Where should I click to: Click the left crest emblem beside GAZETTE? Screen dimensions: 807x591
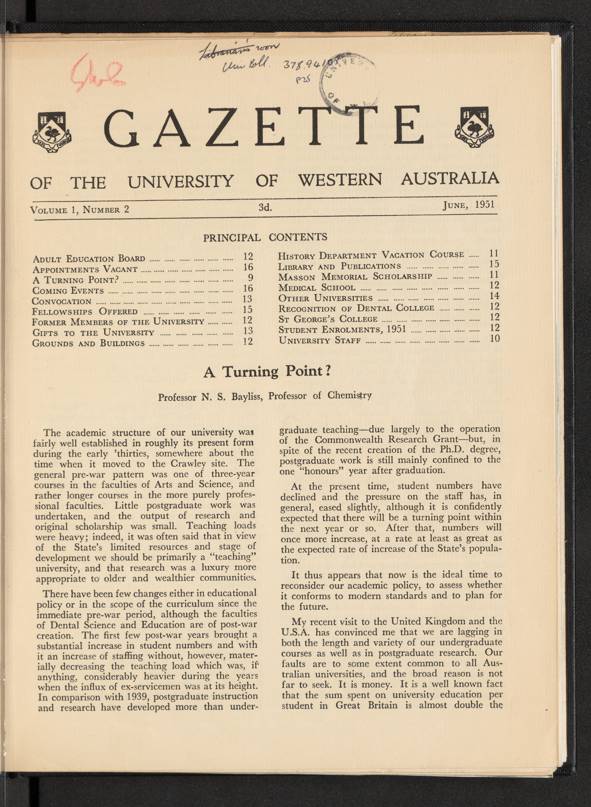coord(52,132)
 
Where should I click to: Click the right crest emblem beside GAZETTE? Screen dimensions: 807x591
coord(474,128)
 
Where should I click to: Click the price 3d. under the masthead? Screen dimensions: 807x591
coord(265,207)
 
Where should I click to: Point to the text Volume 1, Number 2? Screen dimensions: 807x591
coord(79,209)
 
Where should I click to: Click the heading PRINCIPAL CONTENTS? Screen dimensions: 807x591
coord(265,237)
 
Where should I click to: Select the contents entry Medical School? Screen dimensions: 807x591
coord(316,287)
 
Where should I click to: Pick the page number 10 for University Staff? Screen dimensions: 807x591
coord(494,338)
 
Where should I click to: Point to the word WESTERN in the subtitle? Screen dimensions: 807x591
coord(340,180)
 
